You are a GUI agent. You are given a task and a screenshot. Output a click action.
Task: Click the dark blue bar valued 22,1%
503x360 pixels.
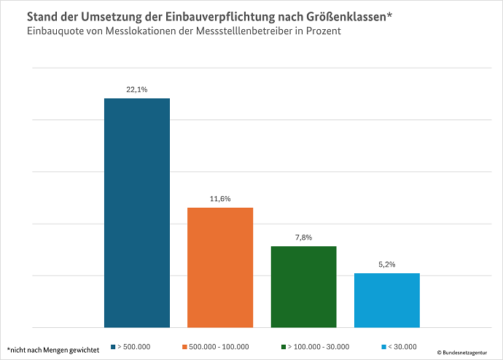[x=137, y=213]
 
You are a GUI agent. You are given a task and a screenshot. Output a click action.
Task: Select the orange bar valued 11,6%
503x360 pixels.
[x=220, y=267]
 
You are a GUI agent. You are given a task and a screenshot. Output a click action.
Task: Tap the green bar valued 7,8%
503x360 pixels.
[x=303, y=286]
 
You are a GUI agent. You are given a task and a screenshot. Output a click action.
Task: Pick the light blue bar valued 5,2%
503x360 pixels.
[x=386, y=300]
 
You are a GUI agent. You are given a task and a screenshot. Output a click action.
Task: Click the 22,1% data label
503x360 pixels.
[x=137, y=90]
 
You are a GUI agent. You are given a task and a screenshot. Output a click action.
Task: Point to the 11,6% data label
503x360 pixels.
[x=220, y=199]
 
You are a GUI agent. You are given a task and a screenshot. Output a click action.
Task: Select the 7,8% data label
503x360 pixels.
[x=303, y=238]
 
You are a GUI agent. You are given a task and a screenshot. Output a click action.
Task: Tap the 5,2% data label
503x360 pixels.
[x=386, y=265]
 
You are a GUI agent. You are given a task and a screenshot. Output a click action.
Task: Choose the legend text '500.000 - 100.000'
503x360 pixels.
[x=219, y=347]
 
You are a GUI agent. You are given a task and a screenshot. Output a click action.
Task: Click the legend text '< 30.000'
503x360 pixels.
[x=402, y=347]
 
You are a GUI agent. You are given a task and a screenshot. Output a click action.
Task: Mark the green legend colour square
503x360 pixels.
[x=281, y=347]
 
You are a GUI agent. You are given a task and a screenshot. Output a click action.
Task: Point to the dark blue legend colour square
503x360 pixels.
[x=114, y=347]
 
